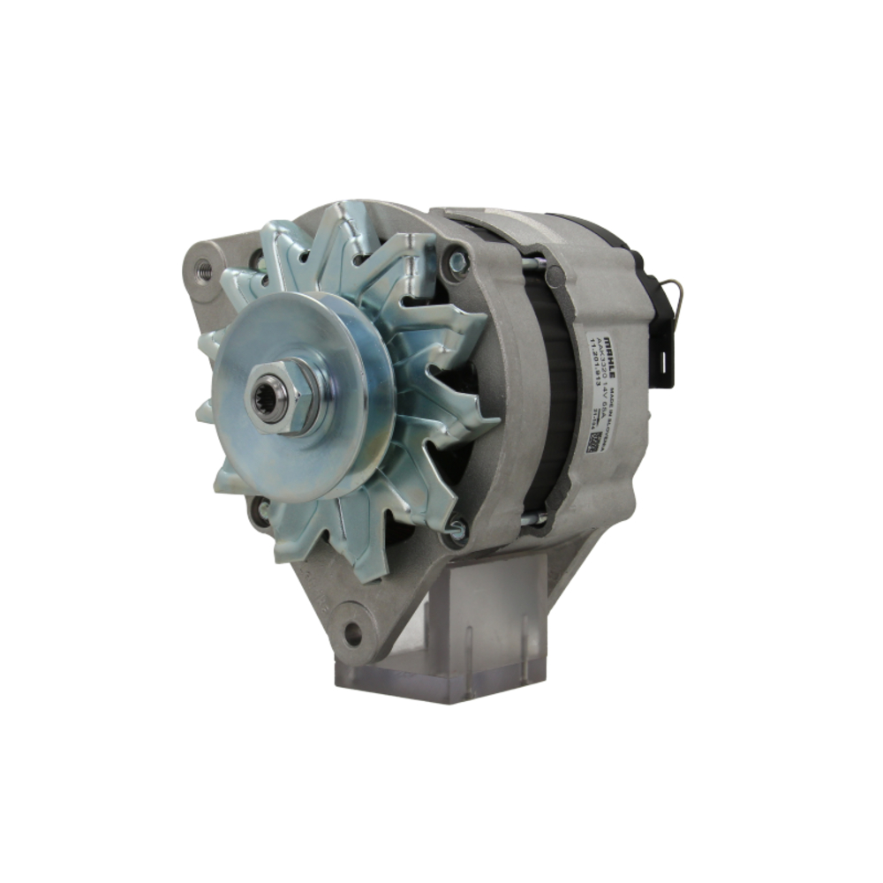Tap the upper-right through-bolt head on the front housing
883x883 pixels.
pos(457,261)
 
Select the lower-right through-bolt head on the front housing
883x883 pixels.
pos(456,530)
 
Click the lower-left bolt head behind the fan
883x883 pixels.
pos(260,510)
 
